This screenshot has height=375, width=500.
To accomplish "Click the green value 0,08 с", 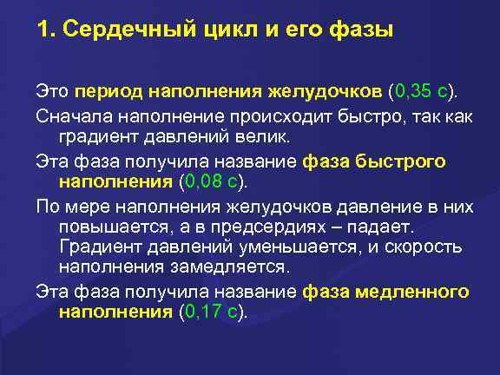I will pos(212,182).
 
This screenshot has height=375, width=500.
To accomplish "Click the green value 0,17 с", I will pos(212,312).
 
